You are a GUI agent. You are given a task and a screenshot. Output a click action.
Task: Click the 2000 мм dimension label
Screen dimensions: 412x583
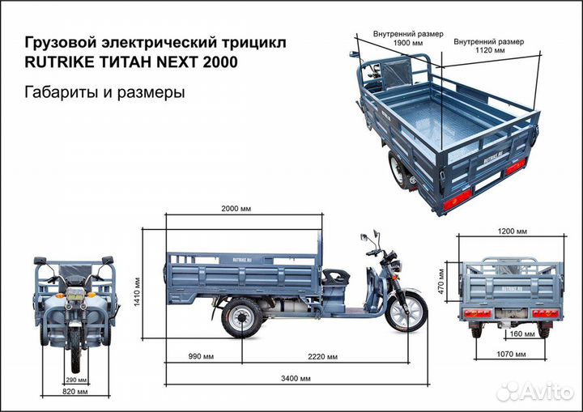click(236, 208)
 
